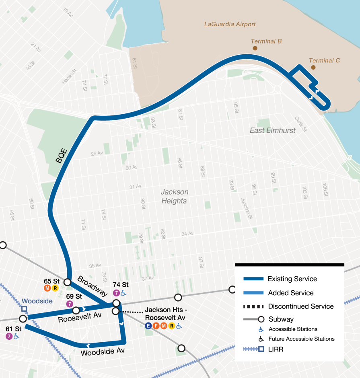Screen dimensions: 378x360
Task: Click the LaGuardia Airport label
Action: (x=230, y=24)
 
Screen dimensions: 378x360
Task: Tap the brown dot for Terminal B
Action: (x=255, y=48)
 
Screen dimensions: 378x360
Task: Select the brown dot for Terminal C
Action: (x=313, y=67)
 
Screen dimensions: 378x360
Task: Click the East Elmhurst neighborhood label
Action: (x=272, y=130)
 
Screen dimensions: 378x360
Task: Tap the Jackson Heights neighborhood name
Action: (x=174, y=196)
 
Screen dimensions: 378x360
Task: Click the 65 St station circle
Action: (x=67, y=282)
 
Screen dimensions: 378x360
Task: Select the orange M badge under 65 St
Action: (x=47, y=288)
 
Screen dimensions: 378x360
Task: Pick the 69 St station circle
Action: (x=76, y=310)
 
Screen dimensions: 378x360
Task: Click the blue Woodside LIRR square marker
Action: (x=24, y=309)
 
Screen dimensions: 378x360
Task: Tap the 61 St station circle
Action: (x=23, y=318)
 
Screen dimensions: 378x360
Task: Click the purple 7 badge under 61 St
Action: (x=9, y=336)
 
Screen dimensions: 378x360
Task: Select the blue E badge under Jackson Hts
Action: (x=148, y=326)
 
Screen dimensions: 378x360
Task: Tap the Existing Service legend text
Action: (x=292, y=279)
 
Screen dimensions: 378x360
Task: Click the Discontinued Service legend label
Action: (x=301, y=306)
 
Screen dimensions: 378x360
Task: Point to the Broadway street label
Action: (x=92, y=286)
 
